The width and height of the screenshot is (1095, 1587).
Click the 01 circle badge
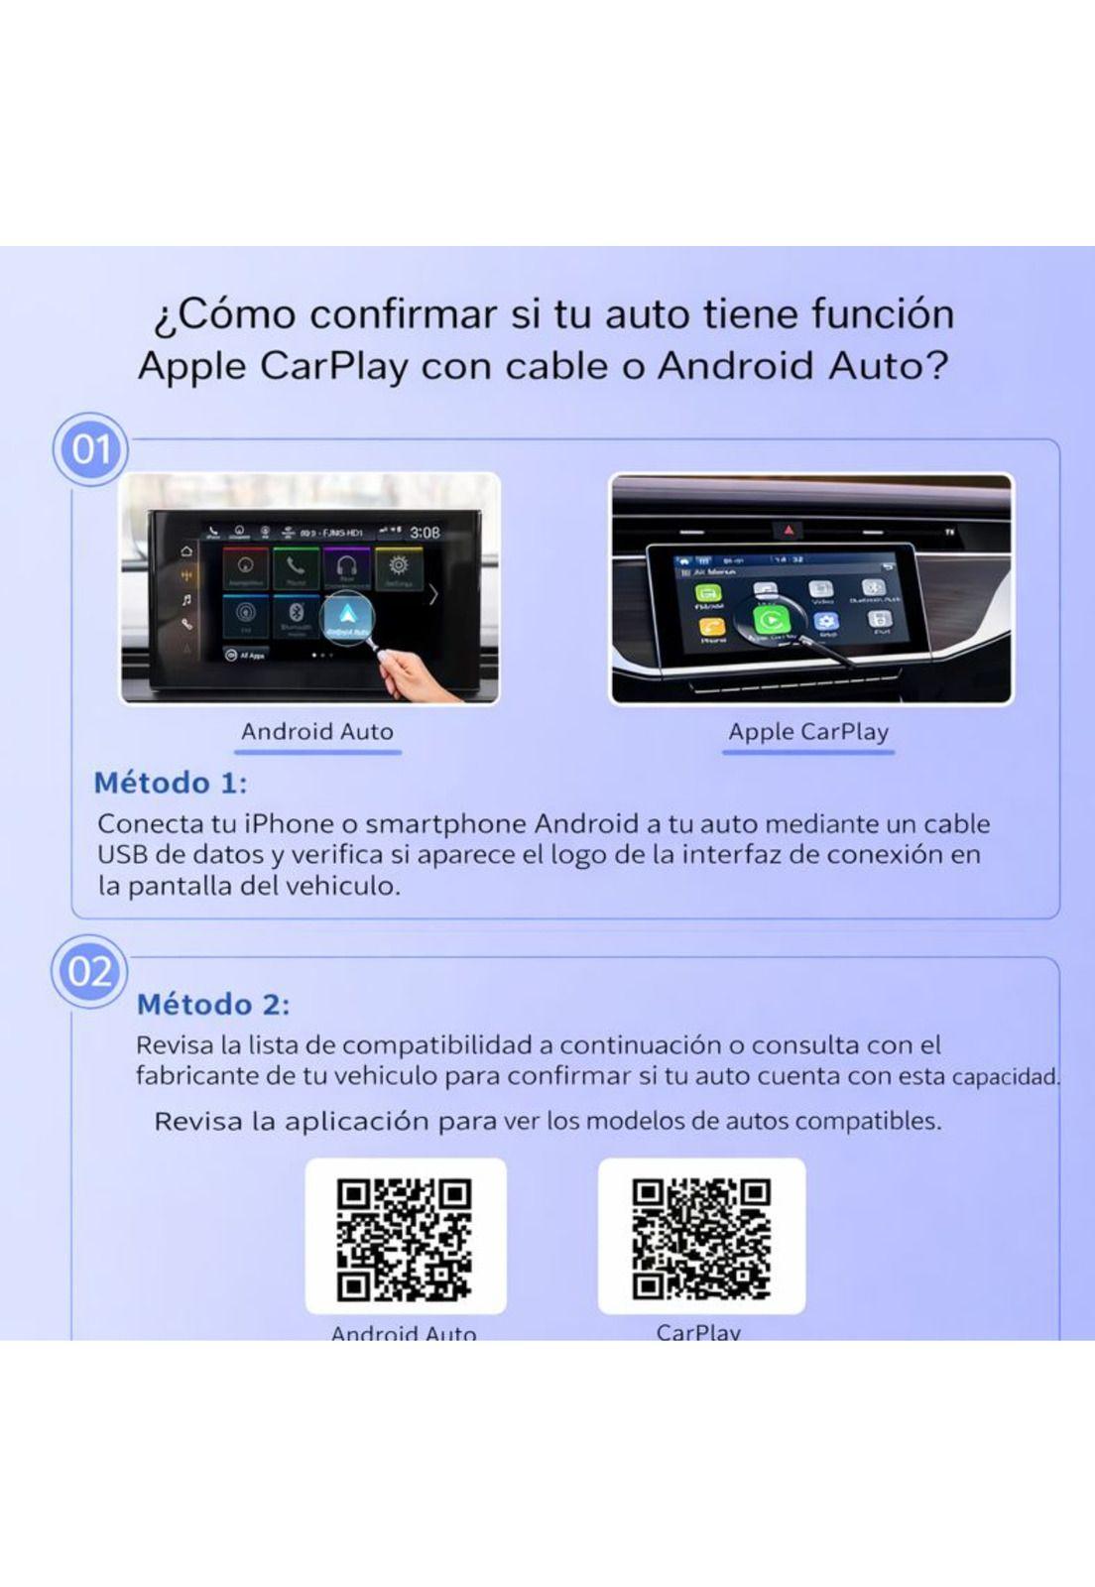tap(90, 449)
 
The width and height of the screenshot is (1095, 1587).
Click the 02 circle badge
tap(89, 971)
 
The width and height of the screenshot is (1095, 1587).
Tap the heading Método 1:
tap(170, 783)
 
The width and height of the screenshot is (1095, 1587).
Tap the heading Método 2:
tap(213, 1004)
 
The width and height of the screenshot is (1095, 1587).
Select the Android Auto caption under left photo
tap(317, 732)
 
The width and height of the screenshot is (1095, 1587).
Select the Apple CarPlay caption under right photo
tap(807, 732)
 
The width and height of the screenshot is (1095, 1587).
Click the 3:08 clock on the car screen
tap(426, 533)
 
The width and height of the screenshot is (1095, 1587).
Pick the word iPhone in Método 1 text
tap(289, 823)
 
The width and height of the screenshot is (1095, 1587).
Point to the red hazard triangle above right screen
tap(789, 531)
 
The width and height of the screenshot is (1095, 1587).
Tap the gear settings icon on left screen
tap(399, 565)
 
